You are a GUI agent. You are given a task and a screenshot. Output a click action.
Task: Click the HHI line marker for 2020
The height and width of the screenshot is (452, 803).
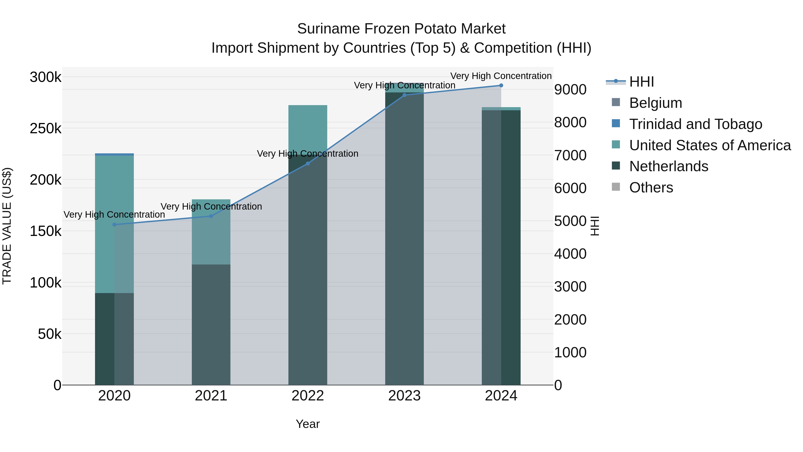[114, 225]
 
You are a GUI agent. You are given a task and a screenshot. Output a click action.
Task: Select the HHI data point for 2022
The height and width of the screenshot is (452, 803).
[308, 163]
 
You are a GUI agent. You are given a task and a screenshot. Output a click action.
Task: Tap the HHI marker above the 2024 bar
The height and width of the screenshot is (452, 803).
[501, 85]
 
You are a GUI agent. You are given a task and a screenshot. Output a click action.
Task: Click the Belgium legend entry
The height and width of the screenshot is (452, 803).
[655, 103]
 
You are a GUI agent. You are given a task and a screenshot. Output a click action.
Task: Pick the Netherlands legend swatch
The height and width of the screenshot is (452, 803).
[616, 166]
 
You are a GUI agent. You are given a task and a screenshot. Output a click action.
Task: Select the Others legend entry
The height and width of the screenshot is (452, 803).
[651, 187]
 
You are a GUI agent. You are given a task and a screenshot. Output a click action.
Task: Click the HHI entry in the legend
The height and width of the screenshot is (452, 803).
[641, 82]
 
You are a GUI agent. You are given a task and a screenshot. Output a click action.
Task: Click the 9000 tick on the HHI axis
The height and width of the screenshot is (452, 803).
[570, 90]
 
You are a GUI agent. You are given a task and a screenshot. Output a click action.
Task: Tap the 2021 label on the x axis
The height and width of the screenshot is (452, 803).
[211, 396]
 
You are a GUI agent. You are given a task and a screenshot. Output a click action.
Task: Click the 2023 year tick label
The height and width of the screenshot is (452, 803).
[404, 396]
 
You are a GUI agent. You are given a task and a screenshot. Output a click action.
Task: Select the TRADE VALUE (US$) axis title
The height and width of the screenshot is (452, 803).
[7, 226]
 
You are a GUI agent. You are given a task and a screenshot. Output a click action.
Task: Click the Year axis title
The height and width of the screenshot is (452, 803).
[308, 424]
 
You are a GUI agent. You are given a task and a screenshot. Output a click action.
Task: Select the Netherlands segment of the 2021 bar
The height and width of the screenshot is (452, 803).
[211, 324]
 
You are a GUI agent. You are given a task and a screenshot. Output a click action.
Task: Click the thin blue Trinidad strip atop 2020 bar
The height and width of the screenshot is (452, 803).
[114, 154]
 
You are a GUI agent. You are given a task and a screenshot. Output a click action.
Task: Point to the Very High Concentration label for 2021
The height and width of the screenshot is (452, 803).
[211, 206]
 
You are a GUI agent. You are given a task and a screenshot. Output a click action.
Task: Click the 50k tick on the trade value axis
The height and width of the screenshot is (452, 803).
[49, 334]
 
